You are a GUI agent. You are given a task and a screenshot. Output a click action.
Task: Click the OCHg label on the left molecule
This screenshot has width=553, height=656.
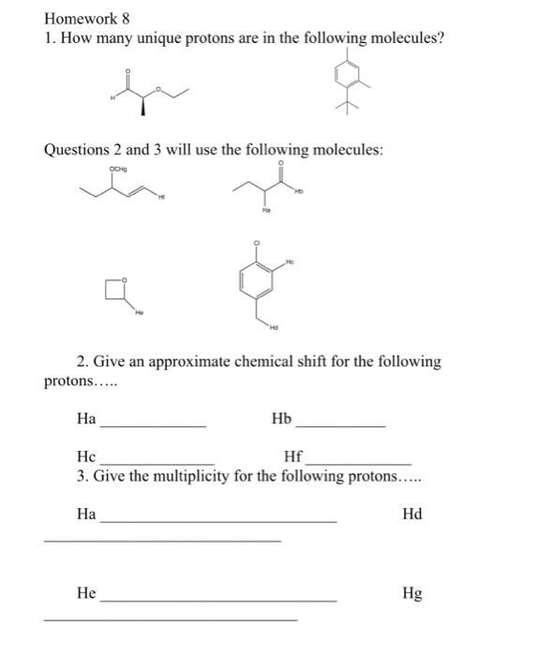(x=118, y=170)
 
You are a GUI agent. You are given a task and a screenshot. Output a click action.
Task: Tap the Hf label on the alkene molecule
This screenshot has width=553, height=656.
(x=160, y=197)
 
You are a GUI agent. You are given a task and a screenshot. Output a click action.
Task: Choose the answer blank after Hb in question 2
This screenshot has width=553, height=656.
(x=339, y=426)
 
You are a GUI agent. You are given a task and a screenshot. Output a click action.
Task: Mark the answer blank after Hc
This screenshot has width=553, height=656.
(x=157, y=463)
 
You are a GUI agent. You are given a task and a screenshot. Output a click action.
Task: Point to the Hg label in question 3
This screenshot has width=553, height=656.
(x=411, y=593)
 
